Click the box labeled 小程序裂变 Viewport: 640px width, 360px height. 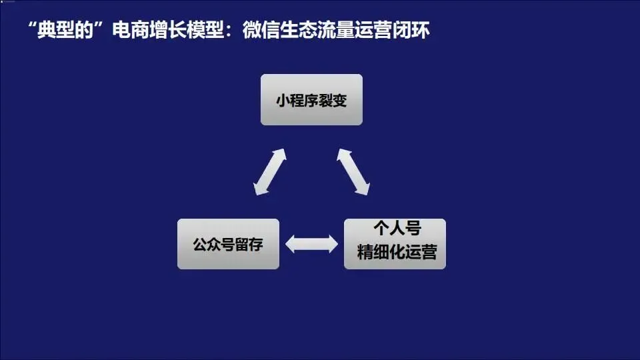(311, 99)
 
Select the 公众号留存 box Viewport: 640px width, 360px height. (228, 244)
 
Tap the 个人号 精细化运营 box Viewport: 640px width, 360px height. (395, 244)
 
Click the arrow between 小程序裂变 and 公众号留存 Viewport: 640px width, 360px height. (270, 172)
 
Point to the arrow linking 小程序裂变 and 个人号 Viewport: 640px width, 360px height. (353, 172)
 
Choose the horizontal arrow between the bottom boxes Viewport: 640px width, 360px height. (311, 244)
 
